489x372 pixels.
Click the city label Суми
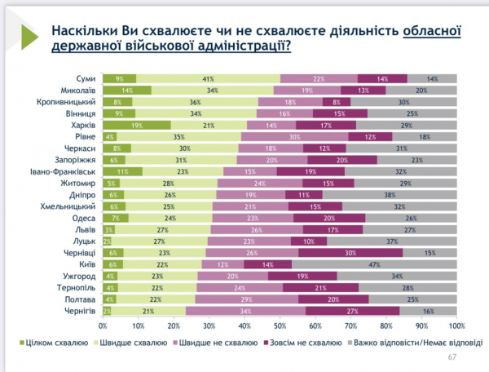86,77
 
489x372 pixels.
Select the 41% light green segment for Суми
209,77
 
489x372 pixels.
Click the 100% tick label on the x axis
456,326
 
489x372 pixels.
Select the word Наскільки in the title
81,32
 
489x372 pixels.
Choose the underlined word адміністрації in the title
236,47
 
